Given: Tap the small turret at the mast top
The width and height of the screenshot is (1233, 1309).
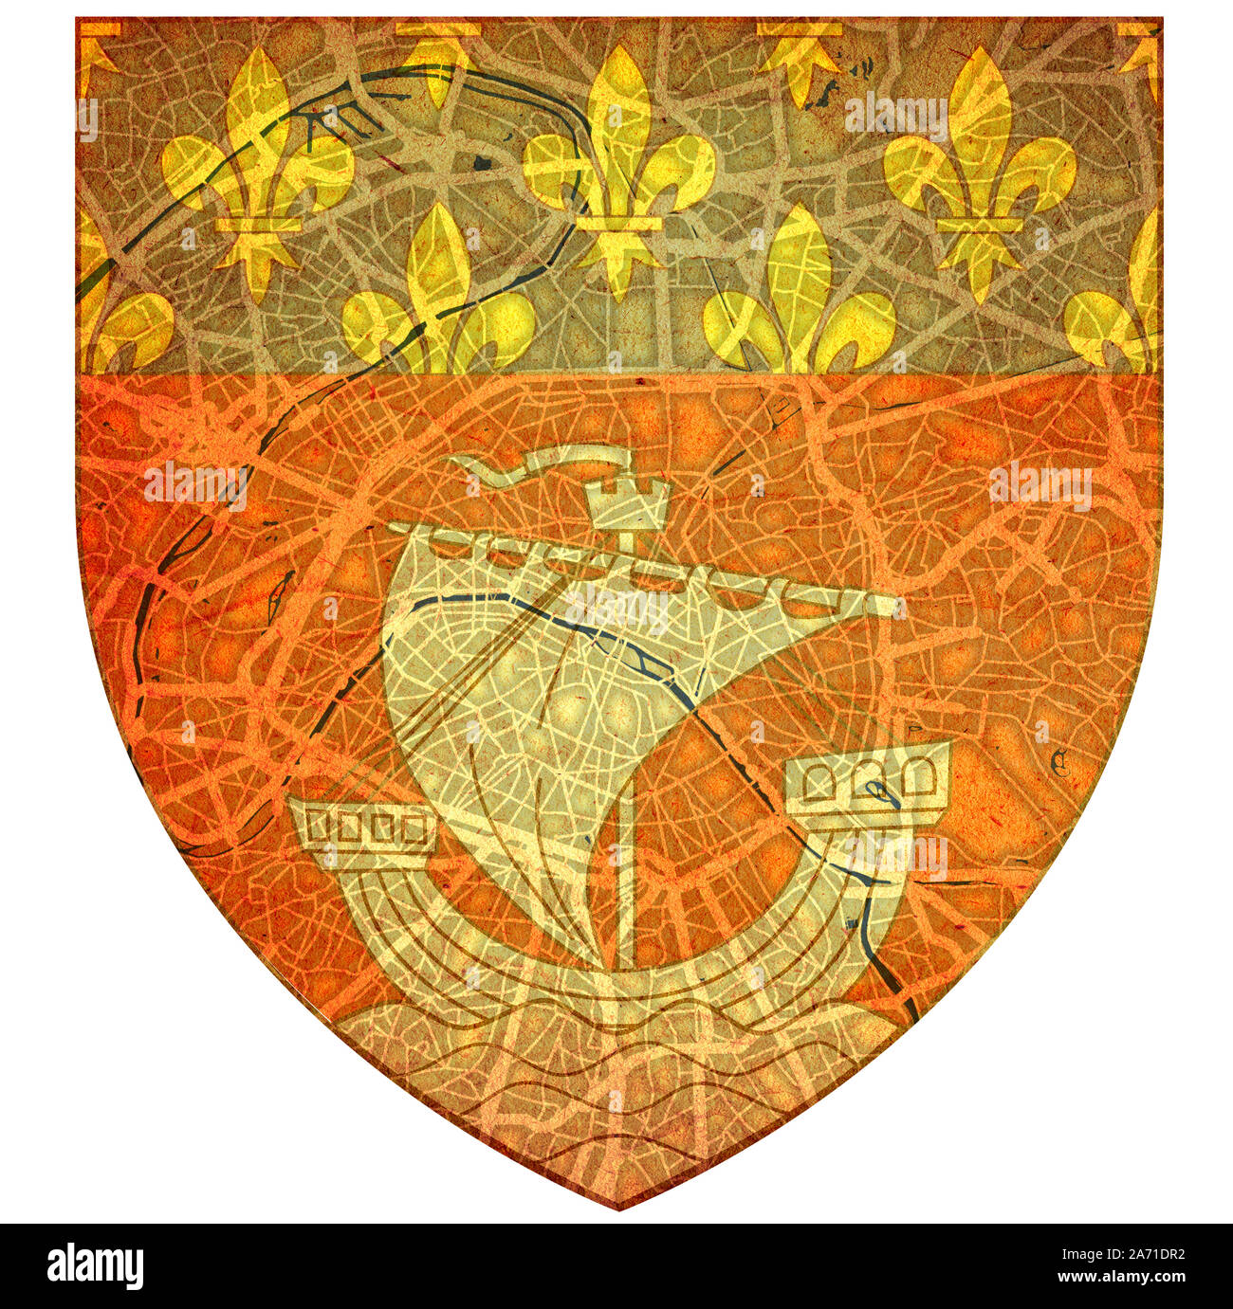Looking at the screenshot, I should point(627,502).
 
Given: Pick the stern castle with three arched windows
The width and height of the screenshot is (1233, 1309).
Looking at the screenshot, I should point(868,777).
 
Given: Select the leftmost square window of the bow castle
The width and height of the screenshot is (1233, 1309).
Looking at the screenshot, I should point(319,827).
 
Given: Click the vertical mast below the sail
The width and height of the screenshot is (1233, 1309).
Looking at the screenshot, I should point(626,882).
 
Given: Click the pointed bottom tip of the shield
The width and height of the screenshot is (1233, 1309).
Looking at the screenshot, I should point(618,1206).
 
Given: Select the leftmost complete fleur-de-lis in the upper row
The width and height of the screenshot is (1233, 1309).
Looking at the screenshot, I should point(257,171).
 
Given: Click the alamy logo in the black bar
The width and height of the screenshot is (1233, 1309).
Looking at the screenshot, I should point(95,1266).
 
